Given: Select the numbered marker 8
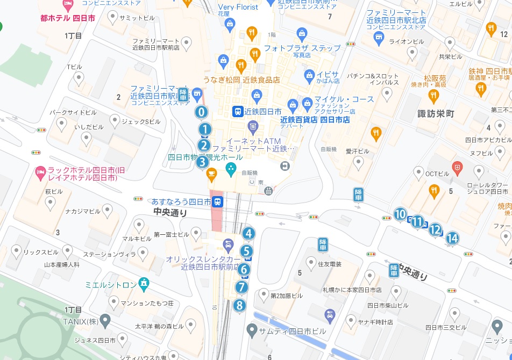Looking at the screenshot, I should pos(240,305).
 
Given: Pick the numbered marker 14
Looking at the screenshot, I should pos(452,237).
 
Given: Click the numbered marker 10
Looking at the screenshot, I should pos(400,214).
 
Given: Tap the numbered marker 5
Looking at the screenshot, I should pos(246,250).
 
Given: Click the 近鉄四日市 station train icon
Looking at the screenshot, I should pos(237,112).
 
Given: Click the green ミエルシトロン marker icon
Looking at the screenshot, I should pos(144,282).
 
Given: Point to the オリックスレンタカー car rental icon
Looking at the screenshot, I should pos(228,246).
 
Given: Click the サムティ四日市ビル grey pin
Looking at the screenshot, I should pos(251,329).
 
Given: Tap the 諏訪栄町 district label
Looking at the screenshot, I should pos(436,114).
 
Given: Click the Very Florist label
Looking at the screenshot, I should pos(238,7).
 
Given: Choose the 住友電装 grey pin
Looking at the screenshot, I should pos(310,262).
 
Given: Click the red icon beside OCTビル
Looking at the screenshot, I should pos(457,168).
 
